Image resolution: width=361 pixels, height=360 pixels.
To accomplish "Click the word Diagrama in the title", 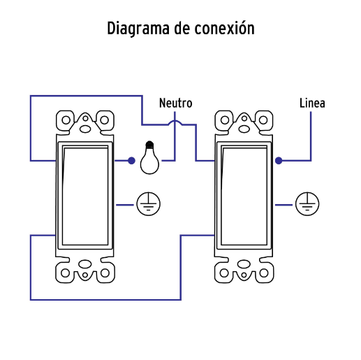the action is pyautogui.click(x=138, y=29).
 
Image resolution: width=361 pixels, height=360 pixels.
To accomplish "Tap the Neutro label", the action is pyautogui.click(x=176, y=103).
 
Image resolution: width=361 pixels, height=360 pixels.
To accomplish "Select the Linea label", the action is pyautogui.click(x=312, y=103).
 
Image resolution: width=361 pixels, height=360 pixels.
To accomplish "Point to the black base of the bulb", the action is pyautogui.click(x=149, y=145).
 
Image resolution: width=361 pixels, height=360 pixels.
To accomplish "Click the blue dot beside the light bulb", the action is pyautogui.click(x=131, y=161).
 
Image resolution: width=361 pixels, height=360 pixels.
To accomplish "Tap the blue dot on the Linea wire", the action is pyautogui.click(x=279, y=161).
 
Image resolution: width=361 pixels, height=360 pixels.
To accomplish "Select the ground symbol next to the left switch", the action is pyautogui.click(x=148, y=204).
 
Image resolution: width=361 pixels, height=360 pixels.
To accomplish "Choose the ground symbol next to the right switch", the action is pyautogui.click(x=307, y=204).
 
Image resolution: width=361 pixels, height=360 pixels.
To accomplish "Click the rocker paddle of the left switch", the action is pyautogui.click(x=85, y=195).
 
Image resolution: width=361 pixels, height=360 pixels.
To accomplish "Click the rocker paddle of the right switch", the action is pyautogui.click(x=244, y=195).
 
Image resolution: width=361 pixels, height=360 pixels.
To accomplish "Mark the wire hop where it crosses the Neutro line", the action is pyautogui.click(x=175, y=121).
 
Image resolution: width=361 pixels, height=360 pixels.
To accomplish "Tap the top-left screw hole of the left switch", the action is pyautogui.click(x=66, y=120).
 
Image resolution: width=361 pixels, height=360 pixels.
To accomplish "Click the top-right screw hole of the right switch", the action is pyautogui.click(x=263, y=120).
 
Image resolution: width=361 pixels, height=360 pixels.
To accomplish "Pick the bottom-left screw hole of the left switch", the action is pyautogui.click(x=65, y=273).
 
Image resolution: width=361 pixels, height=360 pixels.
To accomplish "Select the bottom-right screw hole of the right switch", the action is pyautogui.click(x=264, y=273).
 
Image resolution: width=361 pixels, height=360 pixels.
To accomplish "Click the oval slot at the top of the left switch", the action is pyautogui.click(x=85, y=129).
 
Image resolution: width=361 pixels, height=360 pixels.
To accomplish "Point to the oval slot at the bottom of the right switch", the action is pyautogui.click(x=244, y=264).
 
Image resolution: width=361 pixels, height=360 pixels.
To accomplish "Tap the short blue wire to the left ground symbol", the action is pyautogui.click(x=125, y=205).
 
